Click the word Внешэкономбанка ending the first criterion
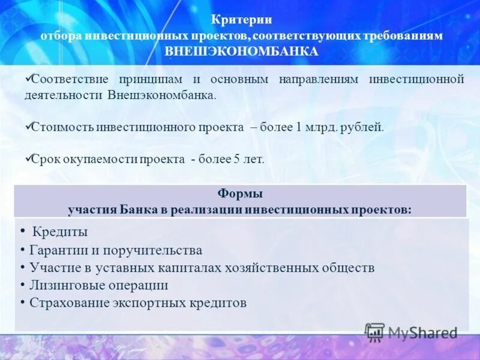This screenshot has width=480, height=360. pyautogui.click(x=161, y=95)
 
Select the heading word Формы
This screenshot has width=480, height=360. pyautogui.click(x=239, y=194)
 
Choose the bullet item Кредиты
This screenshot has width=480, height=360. pyautogui.click(x=60, y=232)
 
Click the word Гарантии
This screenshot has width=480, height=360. pyautogui.click(x=57, y=250)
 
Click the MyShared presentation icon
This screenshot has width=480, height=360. pyautogui.click(x=375, y=332)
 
